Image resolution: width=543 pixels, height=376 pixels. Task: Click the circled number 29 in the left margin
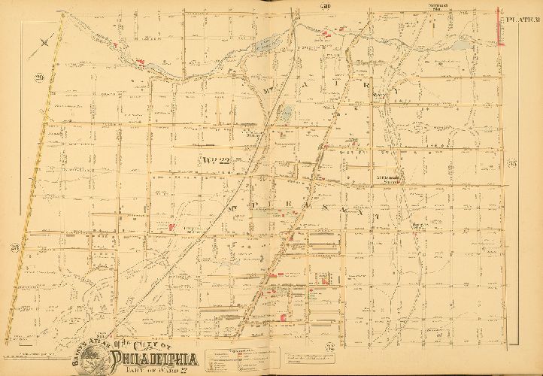(38, 77)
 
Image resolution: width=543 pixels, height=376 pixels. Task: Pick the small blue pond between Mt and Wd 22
(287, 114)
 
